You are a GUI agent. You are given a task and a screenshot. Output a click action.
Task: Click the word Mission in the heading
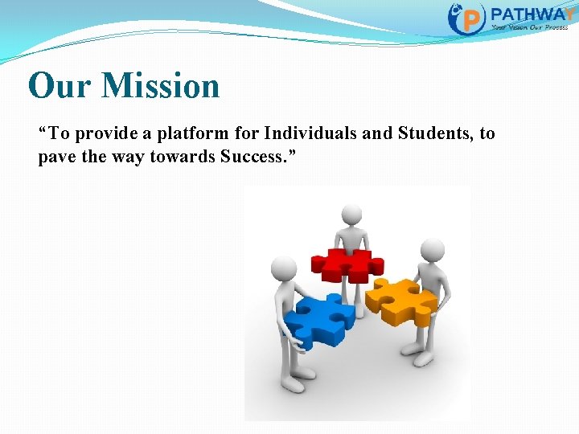164,86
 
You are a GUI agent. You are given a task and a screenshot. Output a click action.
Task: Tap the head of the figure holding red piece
351,215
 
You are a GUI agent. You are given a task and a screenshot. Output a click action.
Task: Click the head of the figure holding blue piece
284,268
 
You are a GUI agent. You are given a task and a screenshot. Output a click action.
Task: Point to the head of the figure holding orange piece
433,251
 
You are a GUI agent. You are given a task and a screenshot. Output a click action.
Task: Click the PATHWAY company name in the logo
531,14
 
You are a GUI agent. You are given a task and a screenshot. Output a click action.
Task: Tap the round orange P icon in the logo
466,18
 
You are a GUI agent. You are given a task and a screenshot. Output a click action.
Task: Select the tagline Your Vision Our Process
529,27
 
